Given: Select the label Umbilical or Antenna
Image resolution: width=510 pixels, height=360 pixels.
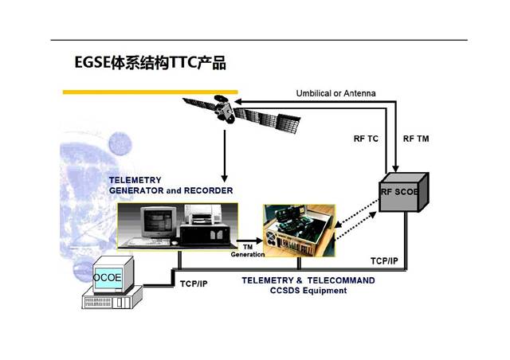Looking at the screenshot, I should point(335,93).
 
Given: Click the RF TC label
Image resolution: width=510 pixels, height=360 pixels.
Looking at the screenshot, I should point(366,138).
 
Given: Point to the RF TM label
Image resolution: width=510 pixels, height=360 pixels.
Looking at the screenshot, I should point(414,138).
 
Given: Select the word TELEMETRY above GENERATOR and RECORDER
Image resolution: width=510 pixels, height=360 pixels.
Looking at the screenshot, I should point(135,180).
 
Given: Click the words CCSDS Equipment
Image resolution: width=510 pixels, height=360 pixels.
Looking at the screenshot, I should point(308,291).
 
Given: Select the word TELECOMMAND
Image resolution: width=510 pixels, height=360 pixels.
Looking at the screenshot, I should point(340,280).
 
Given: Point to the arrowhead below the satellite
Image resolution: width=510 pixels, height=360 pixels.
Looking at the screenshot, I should point(226,177).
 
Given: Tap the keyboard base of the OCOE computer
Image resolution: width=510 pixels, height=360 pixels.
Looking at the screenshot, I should point(112,300).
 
